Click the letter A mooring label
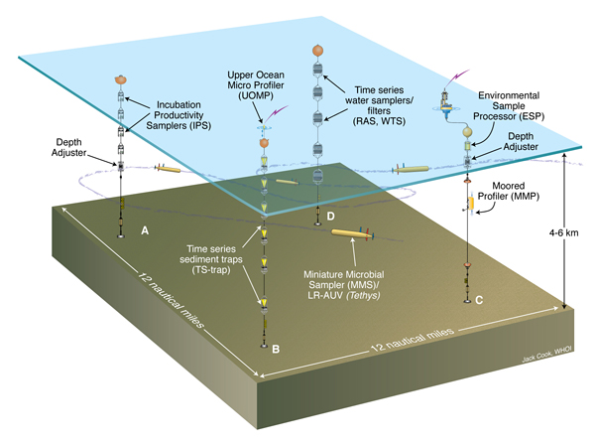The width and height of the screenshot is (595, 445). pyautogui.click(x=145, y=228)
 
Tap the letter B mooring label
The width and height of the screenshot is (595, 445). pyautogui.click(x=277, y=349)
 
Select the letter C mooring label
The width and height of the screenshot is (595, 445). pyautogui.click(x=480, y=298)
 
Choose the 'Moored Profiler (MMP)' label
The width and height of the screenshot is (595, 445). pyautogui.click(x=516, y=193)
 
